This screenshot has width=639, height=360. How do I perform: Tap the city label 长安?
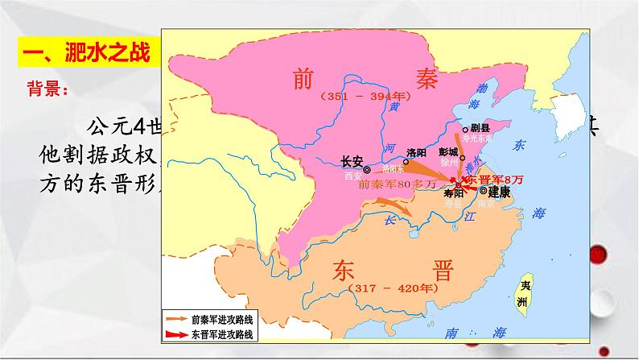click(352, 159)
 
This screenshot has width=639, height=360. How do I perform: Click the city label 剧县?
click(481, 127)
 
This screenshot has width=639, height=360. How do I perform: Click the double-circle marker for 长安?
click(367, 170)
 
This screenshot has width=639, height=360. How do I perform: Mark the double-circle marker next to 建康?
click(483, 192)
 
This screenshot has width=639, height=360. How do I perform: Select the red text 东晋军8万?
click(494, 179)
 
